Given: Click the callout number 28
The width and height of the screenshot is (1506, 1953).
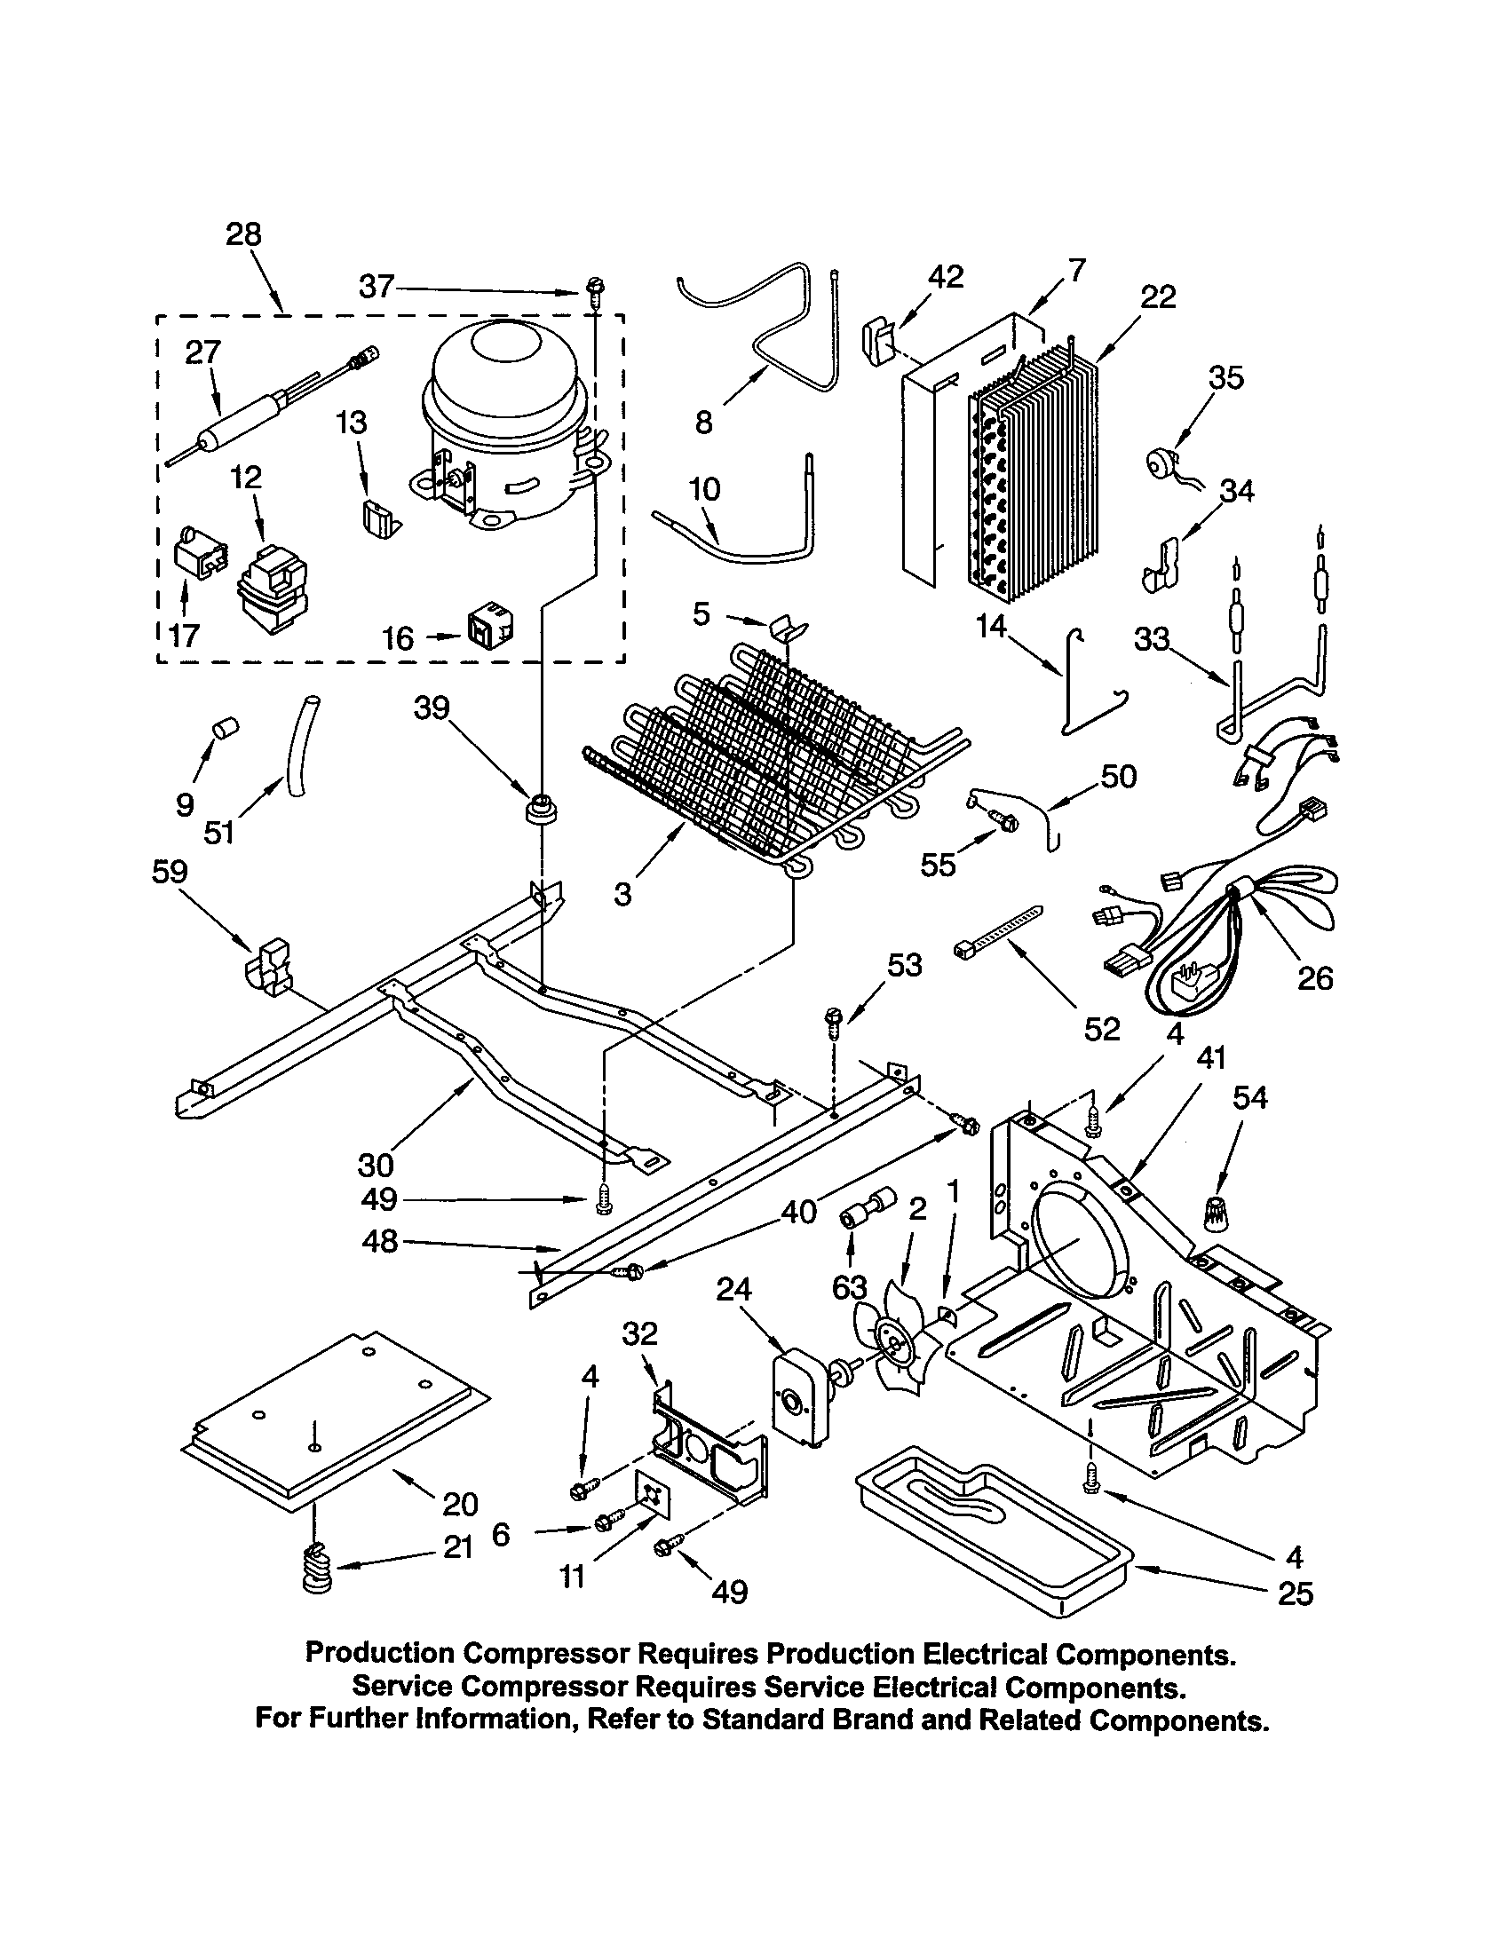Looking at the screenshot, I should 243,234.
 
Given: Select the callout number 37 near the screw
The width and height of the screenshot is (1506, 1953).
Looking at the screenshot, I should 376,287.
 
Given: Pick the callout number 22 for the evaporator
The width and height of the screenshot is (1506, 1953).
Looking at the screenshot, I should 1158,297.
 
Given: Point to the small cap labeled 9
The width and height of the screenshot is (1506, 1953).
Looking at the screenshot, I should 224,726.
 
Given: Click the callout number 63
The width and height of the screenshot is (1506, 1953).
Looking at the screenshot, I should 849,1287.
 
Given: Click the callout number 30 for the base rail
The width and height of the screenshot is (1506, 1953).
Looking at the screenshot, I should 376,1165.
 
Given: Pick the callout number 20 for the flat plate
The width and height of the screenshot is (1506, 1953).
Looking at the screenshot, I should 460,1504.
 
